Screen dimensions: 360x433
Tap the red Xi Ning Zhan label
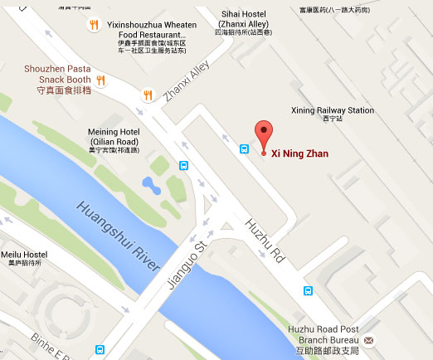pyautogui.click(x=300, y=154)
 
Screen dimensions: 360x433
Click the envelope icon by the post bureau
pyautogui.click(x=368, y=340)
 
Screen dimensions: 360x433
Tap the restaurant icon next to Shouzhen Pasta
pyautogui.click(x=101, y=80)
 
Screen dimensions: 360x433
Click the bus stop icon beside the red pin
pyautogui.click(x=245, y=148)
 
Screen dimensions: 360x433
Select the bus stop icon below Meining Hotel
pyautogui.click(x=182, y=164)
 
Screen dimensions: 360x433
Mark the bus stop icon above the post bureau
pyautogui.click(x=308, y=291)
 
